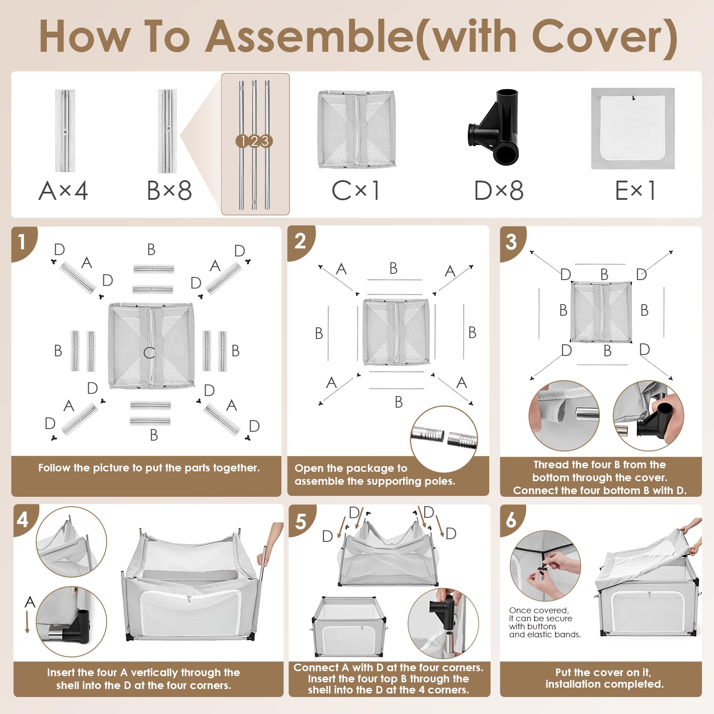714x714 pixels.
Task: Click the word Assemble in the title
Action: (x=310, y=37)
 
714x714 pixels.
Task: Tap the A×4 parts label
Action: (x=63, y=190)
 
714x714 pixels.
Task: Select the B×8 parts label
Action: (x=169, y=190)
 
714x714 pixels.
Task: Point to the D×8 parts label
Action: (x=499, y=190)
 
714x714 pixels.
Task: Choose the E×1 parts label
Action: (x=635, y=190)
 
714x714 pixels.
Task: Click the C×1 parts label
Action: (x=355, y=190)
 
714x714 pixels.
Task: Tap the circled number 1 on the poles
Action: (x=242, y=141)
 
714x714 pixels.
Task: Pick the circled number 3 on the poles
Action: (x=265, y=141)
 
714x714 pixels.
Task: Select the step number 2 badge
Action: (x=300, y=241)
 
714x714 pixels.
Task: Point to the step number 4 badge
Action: (x=23, y=520)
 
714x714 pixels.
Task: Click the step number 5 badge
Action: (x=301, y=521)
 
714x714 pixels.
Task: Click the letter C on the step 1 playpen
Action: (x=149, y=353)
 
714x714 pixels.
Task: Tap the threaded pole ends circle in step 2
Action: (x=444, y=439)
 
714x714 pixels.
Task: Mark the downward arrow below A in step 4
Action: (x=28, y=622)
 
